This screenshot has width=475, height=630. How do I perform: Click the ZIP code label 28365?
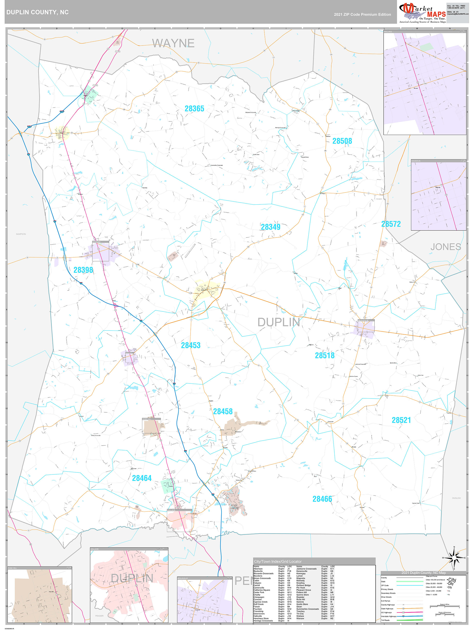[195, 109]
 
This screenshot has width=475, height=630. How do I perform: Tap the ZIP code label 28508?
[342, 141]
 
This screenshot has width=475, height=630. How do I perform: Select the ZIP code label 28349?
[270, 227]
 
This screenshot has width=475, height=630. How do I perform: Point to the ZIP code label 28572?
[391, 224]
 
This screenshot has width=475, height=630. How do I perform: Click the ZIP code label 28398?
[83, 270]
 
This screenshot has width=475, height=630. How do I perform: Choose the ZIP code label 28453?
[191, 345]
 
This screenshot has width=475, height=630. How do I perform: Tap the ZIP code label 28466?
[322, 499]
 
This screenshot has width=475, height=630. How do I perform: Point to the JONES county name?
[445, 247]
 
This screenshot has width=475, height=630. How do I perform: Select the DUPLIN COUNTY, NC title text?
[37, 12]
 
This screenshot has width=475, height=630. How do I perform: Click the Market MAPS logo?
[422, 12]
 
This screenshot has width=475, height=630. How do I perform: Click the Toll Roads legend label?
[385, 620]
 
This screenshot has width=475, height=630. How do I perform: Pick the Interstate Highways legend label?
[389, 616]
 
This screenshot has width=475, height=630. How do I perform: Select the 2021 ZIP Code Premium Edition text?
[362, 15]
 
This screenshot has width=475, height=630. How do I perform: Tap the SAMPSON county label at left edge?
[21, 234]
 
